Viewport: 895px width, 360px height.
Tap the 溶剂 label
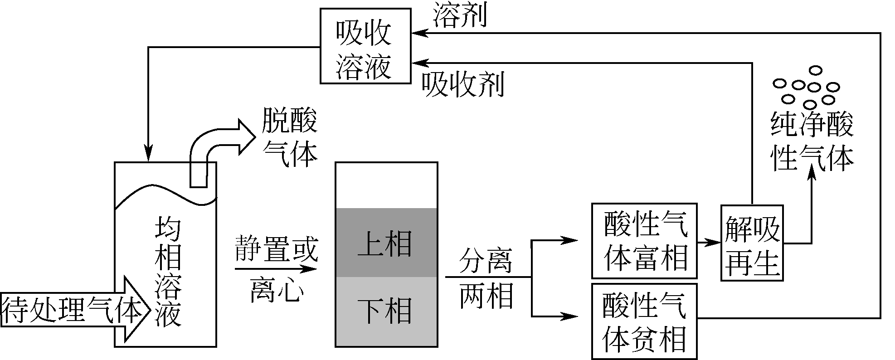coord(460,15)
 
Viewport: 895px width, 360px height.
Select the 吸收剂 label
coord(462,85)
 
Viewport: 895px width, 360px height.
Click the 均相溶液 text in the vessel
coord(168,272)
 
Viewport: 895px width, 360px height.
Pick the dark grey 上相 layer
coord(386,243)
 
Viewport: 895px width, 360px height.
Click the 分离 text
coord(486,260)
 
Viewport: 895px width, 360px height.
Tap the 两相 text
coord(486,296)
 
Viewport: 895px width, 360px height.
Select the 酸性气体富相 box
coord(644,241)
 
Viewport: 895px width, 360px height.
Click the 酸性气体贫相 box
coord(644,321)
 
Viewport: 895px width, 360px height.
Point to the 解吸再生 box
coord(752,242)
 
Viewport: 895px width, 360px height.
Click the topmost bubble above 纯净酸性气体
coord(816,70)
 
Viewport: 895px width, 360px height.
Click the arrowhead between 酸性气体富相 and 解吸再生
coord(715,243)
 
